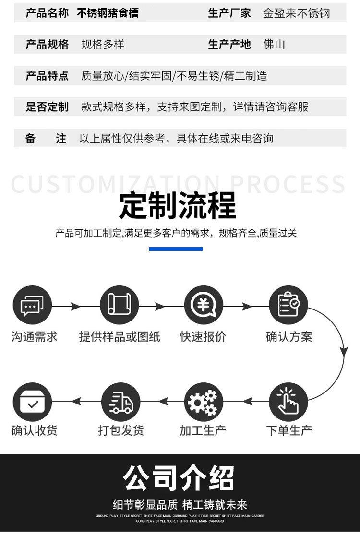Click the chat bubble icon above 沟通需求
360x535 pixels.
tap(32, 305)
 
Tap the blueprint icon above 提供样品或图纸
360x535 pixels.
tap(119, 305)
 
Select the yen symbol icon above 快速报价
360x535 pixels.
tap(204, 305)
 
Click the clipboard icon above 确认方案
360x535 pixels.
tap(288, 305)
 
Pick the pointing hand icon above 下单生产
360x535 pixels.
tap(288, 402)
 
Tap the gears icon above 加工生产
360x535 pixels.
tap(204, 402)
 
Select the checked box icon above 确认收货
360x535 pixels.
tap(32, 402)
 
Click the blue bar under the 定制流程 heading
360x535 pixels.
tap(176, 249)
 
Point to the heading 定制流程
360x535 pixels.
tap(178, 206)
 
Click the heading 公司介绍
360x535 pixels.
tap(179, 478)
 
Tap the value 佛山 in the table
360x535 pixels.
tap(274, 45)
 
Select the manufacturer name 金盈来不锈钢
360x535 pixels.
tap(296, 13)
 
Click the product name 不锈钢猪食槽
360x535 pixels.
tap(108, 13)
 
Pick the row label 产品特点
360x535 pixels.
tap(47, 76)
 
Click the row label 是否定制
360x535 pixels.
tap(47, 107)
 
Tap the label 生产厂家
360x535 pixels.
tap(229, 13)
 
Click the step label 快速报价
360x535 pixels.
tap(203, 336)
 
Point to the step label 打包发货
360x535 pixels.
tap(121, 430)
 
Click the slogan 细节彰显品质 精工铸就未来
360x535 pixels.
tap(180, 505)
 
